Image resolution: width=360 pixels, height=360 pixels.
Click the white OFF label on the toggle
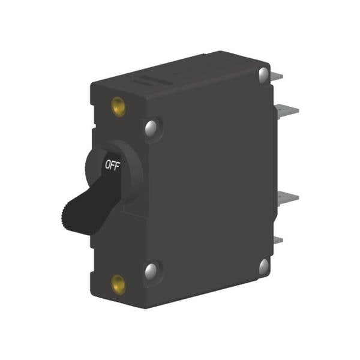[113, 165]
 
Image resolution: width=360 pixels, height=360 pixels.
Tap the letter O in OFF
[107, 164]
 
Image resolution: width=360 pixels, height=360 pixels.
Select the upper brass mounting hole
[118, 107]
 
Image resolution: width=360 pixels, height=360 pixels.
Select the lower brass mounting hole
[118, 284]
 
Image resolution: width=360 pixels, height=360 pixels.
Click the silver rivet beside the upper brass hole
[151, 128]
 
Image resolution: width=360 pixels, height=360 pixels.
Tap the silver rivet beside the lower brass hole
[151, 271]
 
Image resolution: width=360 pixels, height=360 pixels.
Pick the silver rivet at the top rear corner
[263, 74]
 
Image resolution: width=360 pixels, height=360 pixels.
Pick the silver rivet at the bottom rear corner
[264, 266]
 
